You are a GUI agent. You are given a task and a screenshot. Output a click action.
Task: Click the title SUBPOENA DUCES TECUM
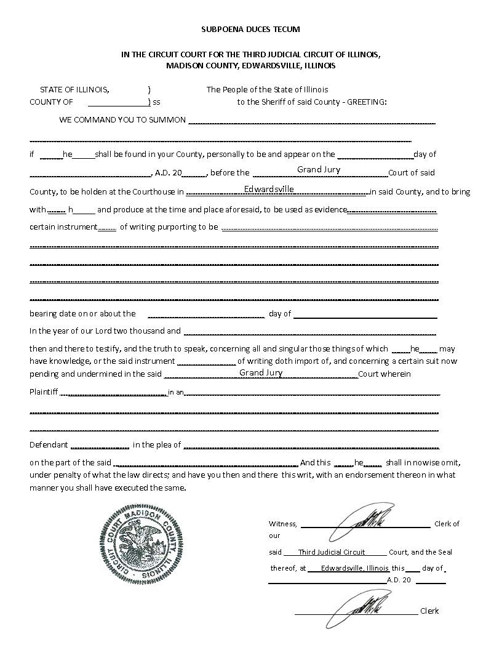[x=250, y=29]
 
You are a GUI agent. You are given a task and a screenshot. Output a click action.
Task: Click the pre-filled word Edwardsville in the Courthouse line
[x=269, y=189]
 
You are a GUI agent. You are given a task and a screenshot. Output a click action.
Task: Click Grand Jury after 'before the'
[x=319, y=170]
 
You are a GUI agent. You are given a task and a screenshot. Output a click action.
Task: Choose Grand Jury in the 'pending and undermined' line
[x=261, y=373]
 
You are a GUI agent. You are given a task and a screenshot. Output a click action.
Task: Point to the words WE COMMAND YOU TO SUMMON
[x=122, y=119]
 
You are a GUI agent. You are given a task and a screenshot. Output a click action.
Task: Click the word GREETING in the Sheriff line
[x=367, y=102]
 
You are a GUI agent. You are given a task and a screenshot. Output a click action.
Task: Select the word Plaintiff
[x=44, y=391]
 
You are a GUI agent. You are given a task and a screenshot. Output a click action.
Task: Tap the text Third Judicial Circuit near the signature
[x=332, y=552]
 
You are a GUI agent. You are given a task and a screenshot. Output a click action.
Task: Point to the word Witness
[x=283, y=524]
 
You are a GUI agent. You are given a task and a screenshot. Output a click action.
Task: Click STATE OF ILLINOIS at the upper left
[x=74, y=90]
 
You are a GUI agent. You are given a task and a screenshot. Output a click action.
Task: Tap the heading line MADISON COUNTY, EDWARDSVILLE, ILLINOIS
[x=250, y=65]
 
